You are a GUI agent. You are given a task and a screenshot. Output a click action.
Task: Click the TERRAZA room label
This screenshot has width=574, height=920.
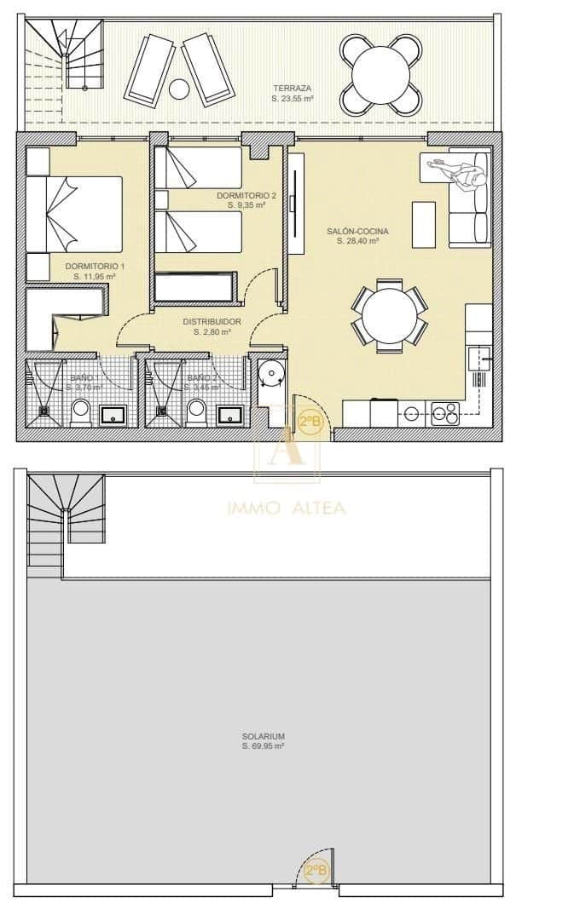[292, 88]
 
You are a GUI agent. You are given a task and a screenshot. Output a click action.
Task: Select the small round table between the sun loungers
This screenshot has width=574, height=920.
[179, 88]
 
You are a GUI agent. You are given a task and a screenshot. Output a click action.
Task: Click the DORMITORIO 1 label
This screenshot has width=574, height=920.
[94, 266]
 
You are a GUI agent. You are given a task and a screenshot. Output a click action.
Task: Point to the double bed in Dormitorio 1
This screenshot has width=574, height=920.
[75, 214]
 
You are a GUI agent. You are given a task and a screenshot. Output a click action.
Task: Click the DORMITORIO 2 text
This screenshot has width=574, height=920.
[246, 195]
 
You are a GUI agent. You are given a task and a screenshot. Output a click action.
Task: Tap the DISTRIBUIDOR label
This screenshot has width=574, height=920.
[212, 321]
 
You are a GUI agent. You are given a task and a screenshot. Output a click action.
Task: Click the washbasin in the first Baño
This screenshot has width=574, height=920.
[113, 416]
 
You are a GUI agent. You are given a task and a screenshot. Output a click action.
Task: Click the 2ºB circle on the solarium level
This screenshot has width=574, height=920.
[316, 871]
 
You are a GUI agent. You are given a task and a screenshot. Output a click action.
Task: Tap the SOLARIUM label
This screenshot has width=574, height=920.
[263, 737]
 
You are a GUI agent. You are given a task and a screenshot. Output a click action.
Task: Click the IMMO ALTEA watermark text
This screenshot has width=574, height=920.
[287, 509]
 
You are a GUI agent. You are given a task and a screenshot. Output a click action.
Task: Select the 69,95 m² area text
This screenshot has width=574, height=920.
[263, 746]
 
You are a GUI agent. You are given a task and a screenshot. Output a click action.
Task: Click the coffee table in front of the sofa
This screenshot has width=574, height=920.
[423, 223]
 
